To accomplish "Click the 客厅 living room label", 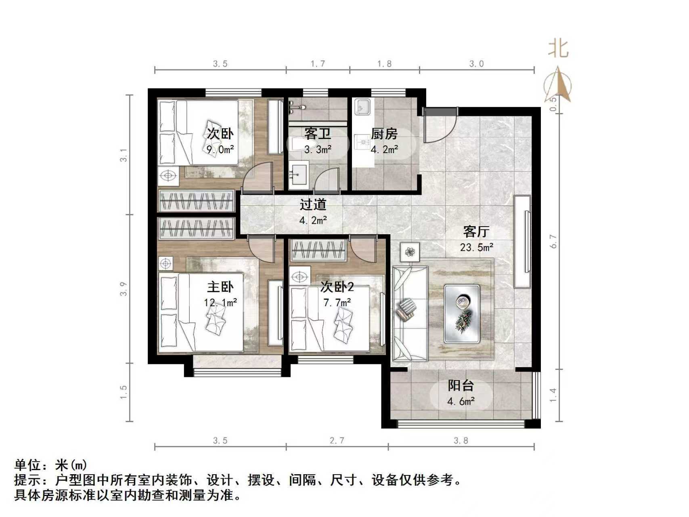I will [x=476, y=232].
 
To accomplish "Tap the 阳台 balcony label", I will [x=461, y=386].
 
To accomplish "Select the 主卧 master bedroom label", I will [x=220, y=287].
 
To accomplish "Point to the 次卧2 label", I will [x=337, y=287].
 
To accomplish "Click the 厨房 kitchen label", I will [x=384, y=134].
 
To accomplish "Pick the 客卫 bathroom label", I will [x=318, y=134].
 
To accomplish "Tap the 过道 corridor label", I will [x=313, y=205].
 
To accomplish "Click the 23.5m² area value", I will [x=476, y=247].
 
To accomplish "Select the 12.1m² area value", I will [x=220, y=303].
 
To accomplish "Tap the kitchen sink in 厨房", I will [x=362, y=107].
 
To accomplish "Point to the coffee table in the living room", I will [x=462, y=314].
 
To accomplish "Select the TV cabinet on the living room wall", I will [x=522, y=241].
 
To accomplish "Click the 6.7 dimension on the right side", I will [x=553, y=241].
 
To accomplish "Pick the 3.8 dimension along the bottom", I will [x=461, y=441].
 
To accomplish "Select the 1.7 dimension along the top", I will [x=318, y=64].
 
